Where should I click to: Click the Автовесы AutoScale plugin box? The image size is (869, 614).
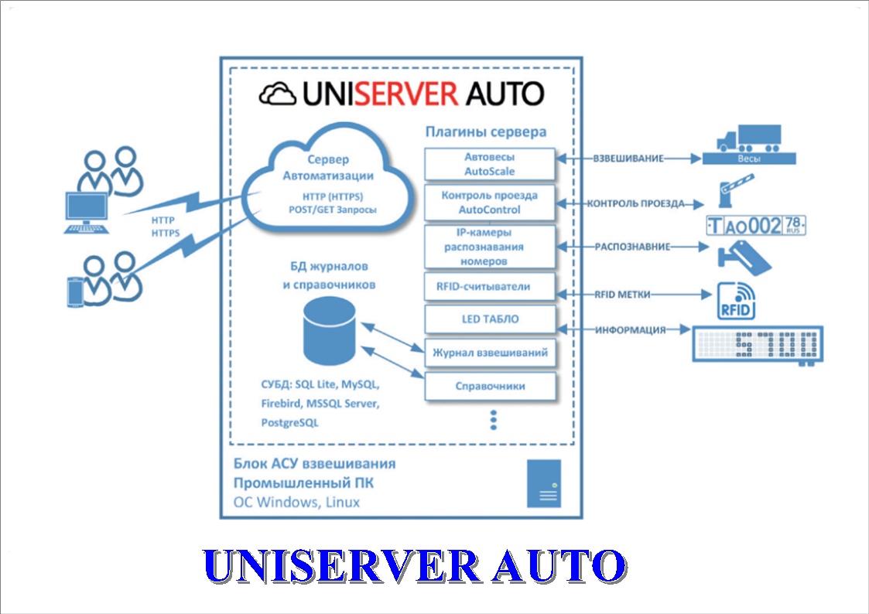[x=490, y=164]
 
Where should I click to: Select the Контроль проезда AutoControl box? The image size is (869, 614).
[x=490, y=203]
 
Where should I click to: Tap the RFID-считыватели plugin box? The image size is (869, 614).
[x=490, y=286]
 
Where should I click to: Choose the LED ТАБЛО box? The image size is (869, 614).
[x=490, y=319]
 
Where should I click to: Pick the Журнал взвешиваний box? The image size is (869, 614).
[x=490, y=353]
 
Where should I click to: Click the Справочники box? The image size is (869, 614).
[x=490, y=386]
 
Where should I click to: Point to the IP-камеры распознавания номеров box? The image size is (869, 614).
[x=490, y=247]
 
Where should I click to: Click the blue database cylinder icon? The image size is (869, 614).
[x=330, y=331]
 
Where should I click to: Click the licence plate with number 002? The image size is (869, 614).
[x=756, y=226]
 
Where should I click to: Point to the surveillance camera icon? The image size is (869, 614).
[x=744, y=258]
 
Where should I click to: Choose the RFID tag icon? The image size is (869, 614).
[x=737, y=301]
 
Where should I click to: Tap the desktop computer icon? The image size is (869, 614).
[x=87, y=213]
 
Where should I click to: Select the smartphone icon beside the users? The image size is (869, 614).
[x=75, y=292]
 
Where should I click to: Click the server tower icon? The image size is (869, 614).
[x=544, y=483]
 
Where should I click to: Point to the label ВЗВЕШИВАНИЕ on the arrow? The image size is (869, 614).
[x=628, y=159]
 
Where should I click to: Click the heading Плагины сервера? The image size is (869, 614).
[x=485, y=131]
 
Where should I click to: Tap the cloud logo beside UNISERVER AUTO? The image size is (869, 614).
[x=278, y=94]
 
